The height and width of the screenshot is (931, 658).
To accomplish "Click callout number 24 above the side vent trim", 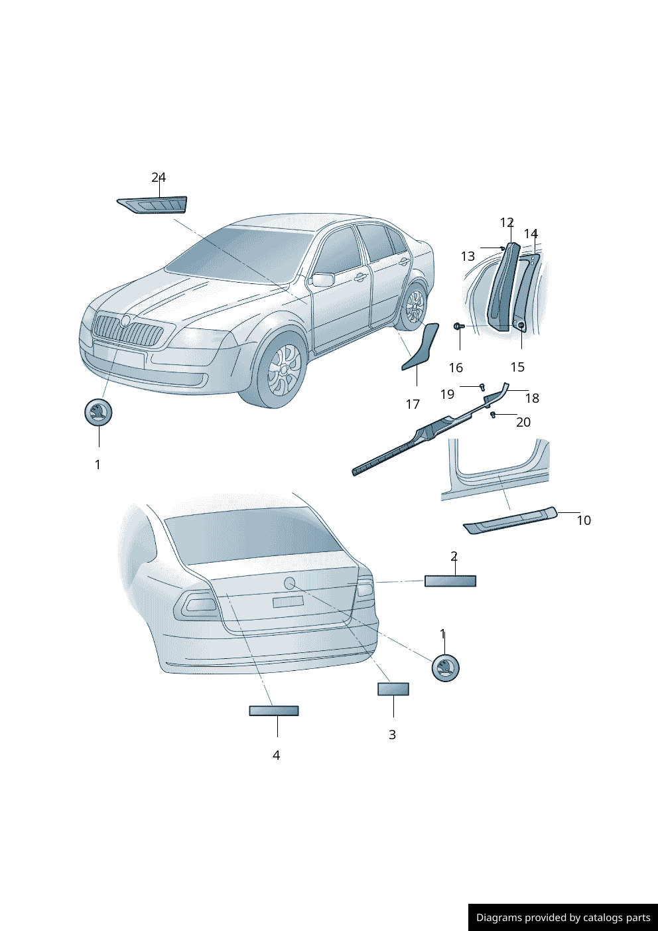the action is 159,177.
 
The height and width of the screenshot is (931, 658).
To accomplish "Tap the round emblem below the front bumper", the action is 98,412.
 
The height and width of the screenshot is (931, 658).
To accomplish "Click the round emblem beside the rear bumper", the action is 445,668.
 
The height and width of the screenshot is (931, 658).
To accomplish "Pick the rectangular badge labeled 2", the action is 450,581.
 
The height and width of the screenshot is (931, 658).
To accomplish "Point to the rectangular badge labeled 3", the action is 393,689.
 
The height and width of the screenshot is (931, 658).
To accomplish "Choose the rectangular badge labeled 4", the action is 274,711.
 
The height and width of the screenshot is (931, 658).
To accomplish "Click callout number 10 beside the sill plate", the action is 584,520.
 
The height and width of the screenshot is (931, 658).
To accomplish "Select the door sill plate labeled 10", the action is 510,521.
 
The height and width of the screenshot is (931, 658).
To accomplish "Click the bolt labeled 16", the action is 458,326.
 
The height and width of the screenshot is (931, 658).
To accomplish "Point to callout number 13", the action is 468,256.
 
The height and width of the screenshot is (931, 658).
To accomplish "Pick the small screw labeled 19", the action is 482,387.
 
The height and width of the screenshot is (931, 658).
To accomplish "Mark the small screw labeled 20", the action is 493,415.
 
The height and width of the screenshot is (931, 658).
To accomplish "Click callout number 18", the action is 532,398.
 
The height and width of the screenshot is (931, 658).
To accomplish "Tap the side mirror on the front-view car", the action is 323,280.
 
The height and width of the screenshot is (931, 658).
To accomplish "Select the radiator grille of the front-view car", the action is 128,330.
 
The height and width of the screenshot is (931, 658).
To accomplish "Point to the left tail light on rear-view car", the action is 196,604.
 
